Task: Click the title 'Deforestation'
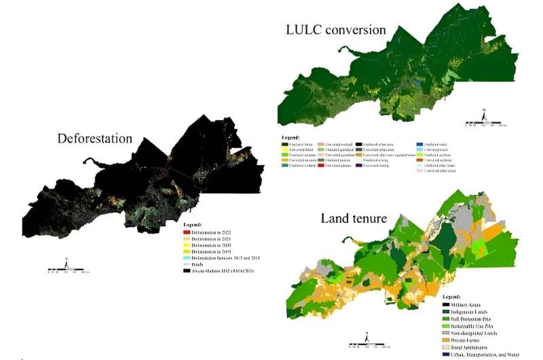tap(94, 139)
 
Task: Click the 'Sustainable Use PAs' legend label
tap(470, 327)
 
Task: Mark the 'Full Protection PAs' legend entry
tap(468, 320)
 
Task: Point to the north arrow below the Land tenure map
tap(365, 336)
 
